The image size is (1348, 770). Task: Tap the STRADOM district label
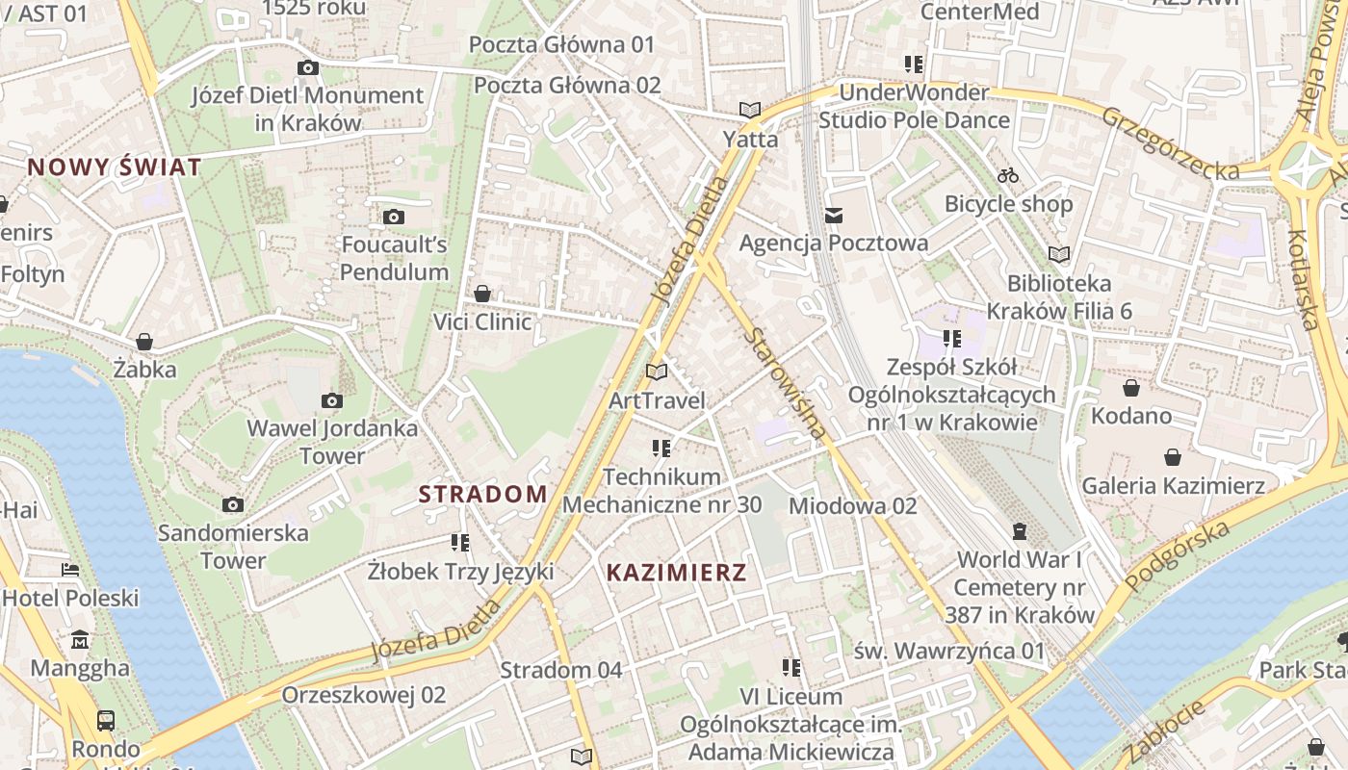(x=482, y=495)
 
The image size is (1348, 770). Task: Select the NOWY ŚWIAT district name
(x=115, y=167)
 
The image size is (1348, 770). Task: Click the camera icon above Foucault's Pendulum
(x=393, y=218)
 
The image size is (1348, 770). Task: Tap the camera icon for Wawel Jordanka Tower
(x=332, y=401)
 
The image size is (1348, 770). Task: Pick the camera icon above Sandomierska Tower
(x=232, y=505)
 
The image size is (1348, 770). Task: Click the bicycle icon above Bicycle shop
(x=1008, y=176)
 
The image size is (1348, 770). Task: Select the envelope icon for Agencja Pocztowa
(x=833, y=216)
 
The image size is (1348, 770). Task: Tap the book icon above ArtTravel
(x=657, y=372)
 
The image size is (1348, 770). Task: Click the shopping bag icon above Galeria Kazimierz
(x=1173, y=457)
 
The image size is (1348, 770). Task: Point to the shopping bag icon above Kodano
(x=1130, y=388)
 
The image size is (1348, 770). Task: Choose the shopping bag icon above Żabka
(x=144, y=342)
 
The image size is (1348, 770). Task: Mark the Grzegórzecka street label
(x=1170, y=143)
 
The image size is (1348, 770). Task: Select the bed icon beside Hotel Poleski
(x=70, y=570)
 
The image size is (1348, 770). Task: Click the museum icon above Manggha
(x=80, y=640)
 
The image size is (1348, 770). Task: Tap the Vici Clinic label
(x=482, y=321)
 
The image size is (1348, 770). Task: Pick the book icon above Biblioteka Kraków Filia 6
(x=1059, y=255)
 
